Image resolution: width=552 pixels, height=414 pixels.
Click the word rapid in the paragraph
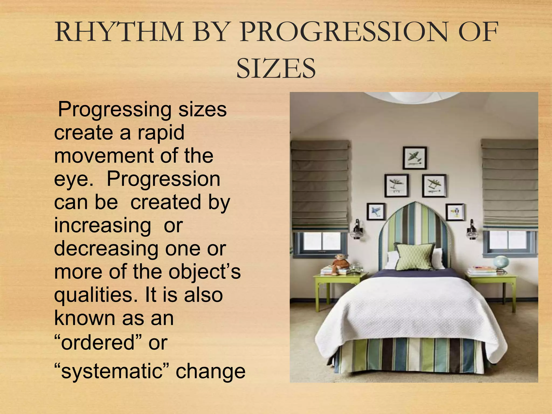click(161, 133)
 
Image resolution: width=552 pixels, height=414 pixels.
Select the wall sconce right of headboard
click(472, 230)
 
